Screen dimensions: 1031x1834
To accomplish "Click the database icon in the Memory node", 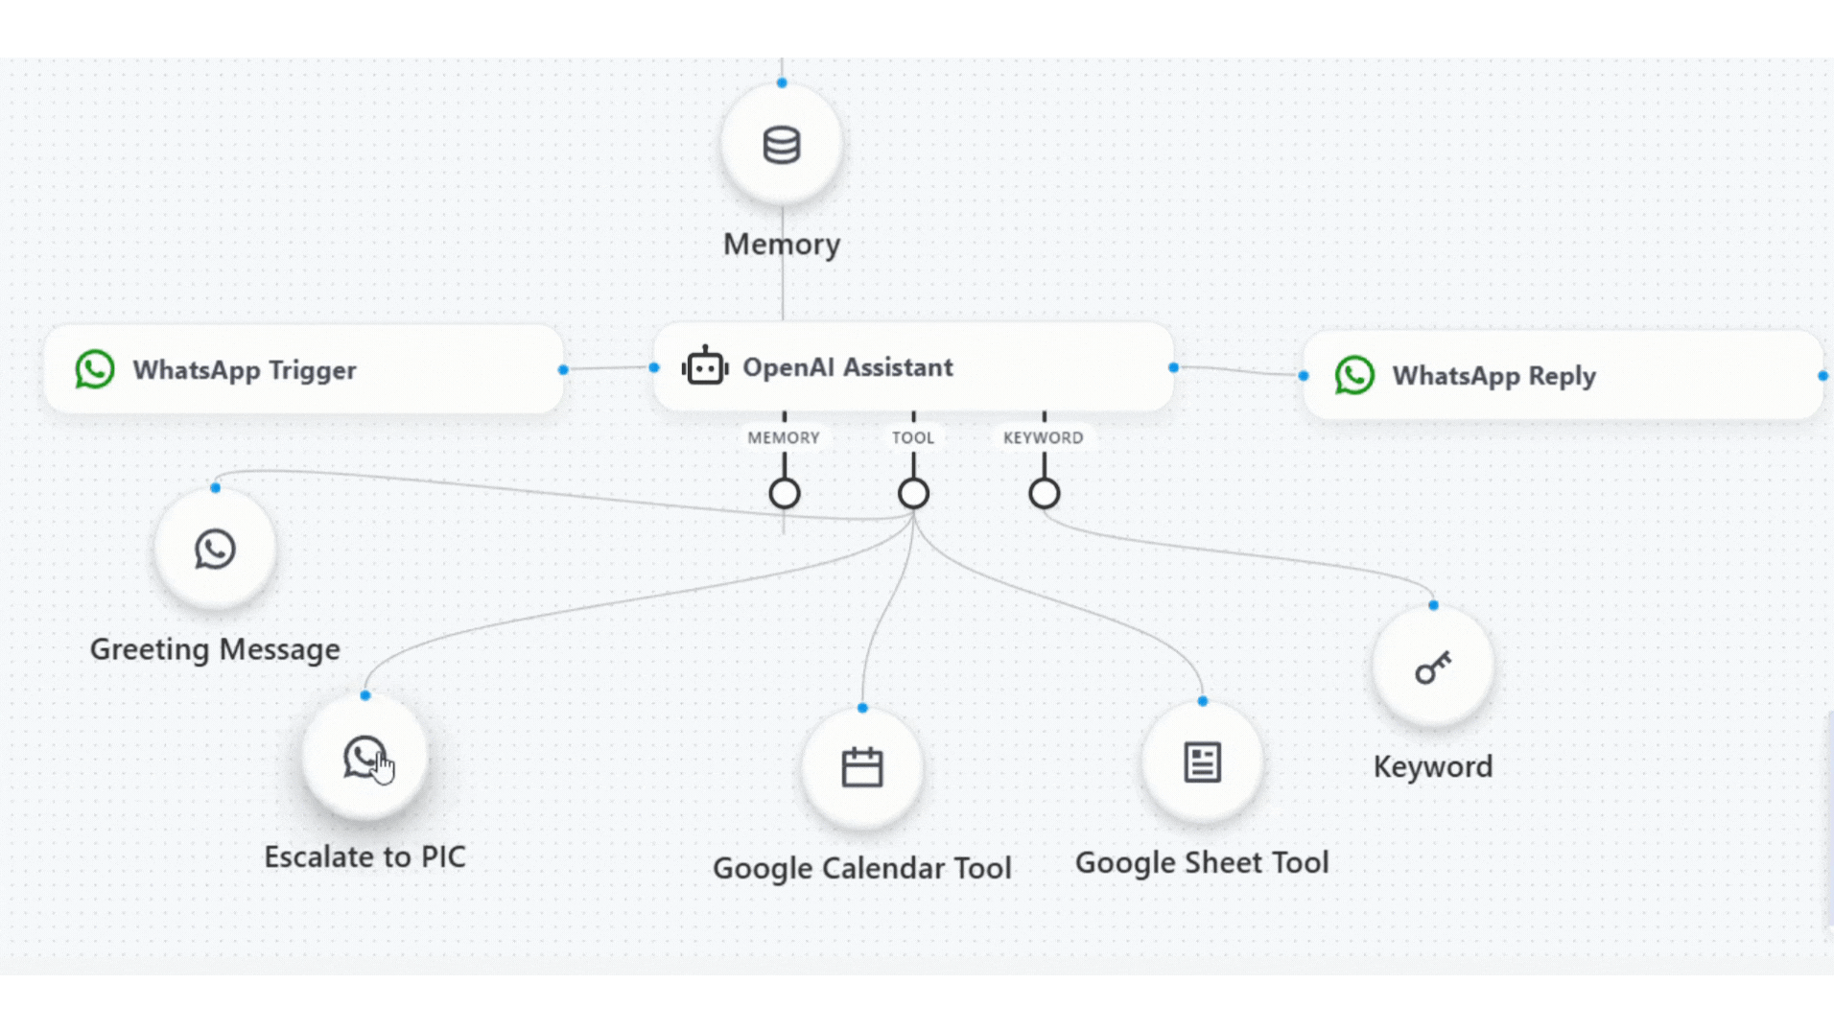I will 781,146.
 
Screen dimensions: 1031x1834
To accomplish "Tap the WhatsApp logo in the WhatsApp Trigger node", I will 95,369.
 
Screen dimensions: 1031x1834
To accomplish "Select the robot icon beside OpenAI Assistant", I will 705,366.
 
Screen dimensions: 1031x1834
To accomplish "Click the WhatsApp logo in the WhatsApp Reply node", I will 1354,375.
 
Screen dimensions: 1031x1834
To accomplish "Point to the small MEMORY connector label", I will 784,437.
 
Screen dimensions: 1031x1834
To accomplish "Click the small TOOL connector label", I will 913,437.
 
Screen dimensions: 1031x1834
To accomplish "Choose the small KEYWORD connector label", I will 1043,437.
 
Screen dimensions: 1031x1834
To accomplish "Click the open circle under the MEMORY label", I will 785,494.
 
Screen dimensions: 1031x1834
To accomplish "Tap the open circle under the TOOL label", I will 913,494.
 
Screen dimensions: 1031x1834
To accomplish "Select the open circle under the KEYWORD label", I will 1044,494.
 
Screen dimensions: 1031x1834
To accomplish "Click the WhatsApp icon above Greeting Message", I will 215,550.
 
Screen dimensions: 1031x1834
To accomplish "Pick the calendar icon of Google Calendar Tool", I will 861,767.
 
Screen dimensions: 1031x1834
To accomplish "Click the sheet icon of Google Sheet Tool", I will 1202,762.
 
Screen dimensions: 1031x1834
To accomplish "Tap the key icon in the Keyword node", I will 1433,668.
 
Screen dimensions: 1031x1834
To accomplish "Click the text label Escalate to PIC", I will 364,856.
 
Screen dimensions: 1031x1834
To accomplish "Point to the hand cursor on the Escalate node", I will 384,768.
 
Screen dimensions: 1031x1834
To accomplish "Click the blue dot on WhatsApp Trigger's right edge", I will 563,369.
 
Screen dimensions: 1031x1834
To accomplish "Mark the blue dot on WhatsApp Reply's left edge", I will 1304,376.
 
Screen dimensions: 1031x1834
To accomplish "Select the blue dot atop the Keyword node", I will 1433,605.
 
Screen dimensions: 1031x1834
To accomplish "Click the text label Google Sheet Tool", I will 1201,862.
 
